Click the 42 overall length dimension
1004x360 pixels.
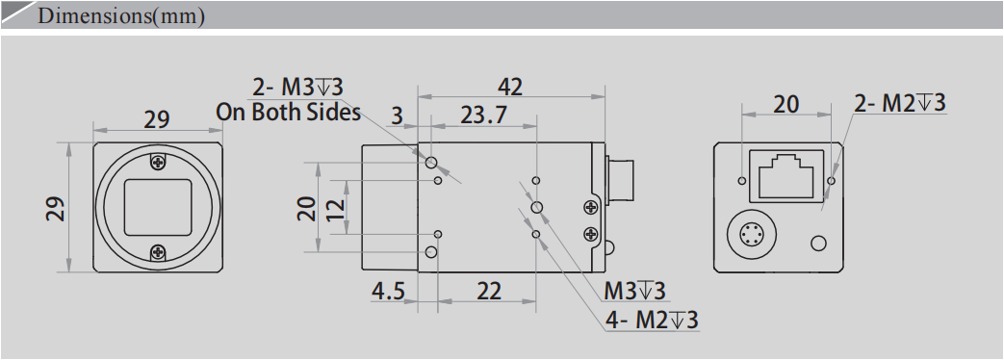tap(510, 87)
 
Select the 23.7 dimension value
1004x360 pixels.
tap(483, 116)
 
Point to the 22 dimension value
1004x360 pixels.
tap(489, 290)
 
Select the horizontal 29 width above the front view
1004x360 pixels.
tap(157, 119)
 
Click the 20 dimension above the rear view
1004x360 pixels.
tap(785, 104)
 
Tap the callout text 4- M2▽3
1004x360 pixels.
tap(652, 321)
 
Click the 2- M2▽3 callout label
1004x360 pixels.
tap(900, 103)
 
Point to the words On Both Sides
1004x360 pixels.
tap(288, 112)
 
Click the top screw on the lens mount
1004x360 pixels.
tap(158, 161)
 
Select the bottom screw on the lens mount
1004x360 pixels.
tap(158, 253)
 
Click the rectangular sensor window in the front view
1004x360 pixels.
tap(158, 206)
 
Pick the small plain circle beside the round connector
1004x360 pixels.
tap(819, 243)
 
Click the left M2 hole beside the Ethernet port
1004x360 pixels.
tap(741, 180)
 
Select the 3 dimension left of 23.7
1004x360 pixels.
tap(396, 116)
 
